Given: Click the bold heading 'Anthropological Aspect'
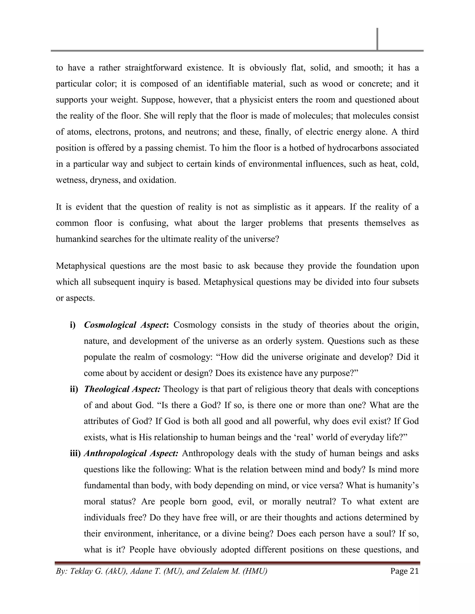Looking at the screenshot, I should [131, 453].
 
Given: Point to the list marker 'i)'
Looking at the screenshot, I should [73, 325].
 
